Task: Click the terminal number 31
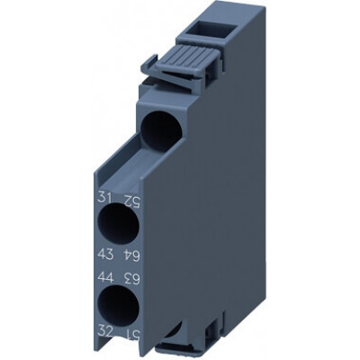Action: coord(105,198)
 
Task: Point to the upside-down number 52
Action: coord(131,198)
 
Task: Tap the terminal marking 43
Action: coord(105,256)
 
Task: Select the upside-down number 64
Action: coord(131,256)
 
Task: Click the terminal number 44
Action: coord(105,277)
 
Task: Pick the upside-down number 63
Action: coord(131,277)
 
